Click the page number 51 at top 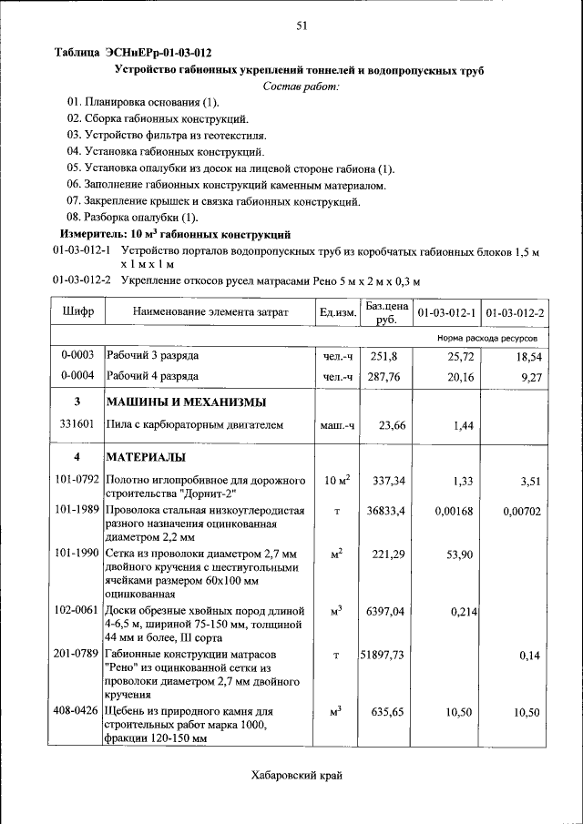pos(301,26)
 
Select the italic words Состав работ pos(301,86)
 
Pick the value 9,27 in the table pos(527,375)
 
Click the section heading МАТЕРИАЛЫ pos(147,456)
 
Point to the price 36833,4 pos(386,512)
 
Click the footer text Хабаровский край pos(297,776)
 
